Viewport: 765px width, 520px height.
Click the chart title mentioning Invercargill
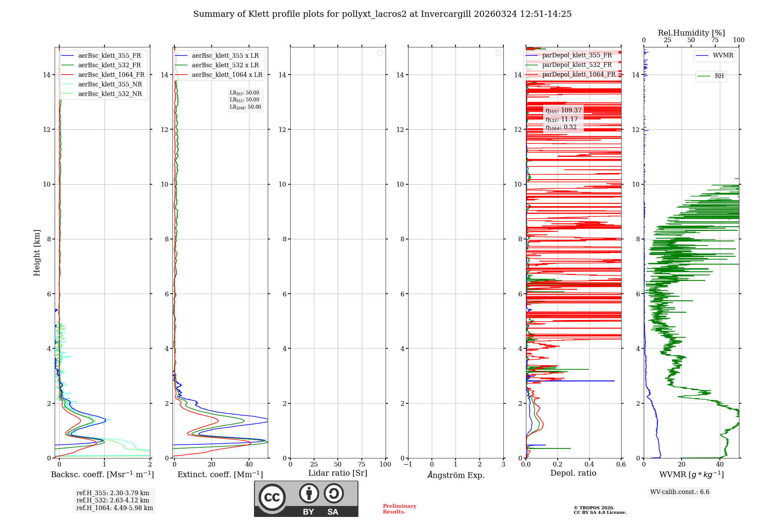[x=382, y=14]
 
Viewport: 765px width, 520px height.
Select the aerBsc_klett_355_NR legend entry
[x=110, y=84]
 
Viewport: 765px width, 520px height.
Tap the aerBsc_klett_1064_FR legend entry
[x=111, y=75]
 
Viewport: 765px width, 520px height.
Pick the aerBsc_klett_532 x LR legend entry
[x=225, y=65]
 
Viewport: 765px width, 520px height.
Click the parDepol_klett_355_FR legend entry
[x=577, y=55]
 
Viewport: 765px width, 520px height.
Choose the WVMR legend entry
[x=723, y=55]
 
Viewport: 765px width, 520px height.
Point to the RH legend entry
[x=719, y=76]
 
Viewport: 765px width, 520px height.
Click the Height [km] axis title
[x=37, y=253]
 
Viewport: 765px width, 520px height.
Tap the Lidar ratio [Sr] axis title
[x=338, y=473]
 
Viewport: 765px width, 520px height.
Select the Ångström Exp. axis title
[x=456, y=475]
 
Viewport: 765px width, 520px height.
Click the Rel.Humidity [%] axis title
[x=691, y=33]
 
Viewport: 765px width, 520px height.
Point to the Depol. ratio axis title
[x=573, y=473]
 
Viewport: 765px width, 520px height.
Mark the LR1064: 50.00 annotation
[x=246, y=107]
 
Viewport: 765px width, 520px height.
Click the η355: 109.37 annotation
[x=563, y=110]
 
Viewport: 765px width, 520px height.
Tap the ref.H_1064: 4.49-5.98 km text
[x=115, y=508]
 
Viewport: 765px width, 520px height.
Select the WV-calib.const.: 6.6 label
[x=680, y=492]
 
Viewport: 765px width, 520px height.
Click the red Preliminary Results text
[x=399, y=509]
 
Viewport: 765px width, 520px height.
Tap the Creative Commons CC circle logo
[x=272, y=497]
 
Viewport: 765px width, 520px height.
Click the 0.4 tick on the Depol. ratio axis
[x=589, y=465]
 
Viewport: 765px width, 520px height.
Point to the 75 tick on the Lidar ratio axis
[x=361, y=465]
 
